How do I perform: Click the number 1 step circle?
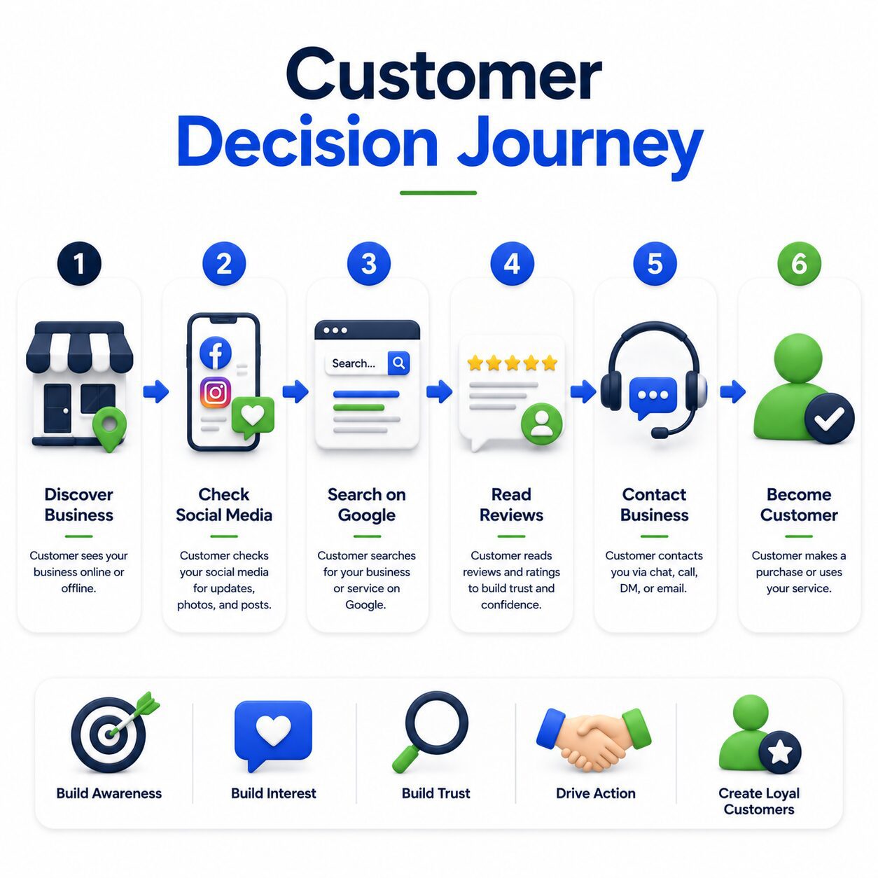[x=79, y=263]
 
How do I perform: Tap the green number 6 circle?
[x=799, y=263]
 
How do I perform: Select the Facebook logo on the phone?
[x=216, y=352]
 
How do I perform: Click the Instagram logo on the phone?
[x=216, y=392]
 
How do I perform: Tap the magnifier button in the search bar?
[x=398, y=363]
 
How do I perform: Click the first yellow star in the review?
[x=475, y=363]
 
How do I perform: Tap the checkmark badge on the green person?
[x=829, y=418]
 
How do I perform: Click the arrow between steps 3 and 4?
[x=439, y=391]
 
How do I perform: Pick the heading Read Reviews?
[x=511, y=504]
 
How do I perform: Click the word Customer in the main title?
[x=444, y=74]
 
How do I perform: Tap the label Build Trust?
[x=435, y=793]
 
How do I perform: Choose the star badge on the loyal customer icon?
[x=779, y=752]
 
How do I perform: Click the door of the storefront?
[x=57, y=408]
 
